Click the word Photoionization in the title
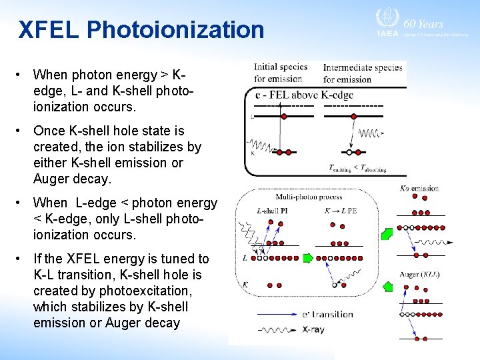pos(175,30)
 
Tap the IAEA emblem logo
pos(387,19)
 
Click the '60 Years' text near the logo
pos(427,23)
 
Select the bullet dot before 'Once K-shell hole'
pos(22,131)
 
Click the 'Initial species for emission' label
pos(280,73)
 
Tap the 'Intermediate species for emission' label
pos(362,73)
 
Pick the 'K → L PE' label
pos(340,211)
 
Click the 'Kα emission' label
pos(419,189)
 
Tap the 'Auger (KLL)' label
pos(419,274)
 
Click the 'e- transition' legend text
pos(327,314)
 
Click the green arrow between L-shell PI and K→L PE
pos(307,257)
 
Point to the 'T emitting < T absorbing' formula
pos(357,168)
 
